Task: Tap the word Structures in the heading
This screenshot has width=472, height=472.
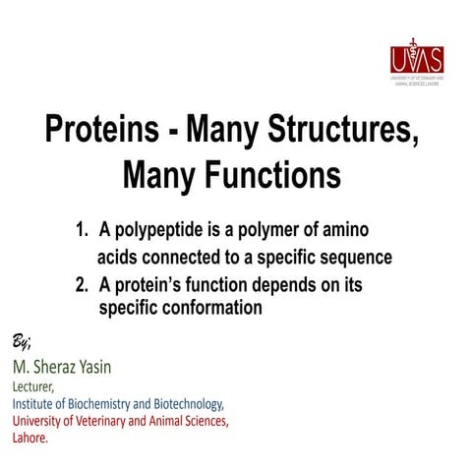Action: click(333, 131)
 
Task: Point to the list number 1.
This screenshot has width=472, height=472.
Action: click(83, 232)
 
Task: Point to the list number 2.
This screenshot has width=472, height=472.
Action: click(83, 285)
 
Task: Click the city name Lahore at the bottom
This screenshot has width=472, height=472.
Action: click(29, 438)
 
